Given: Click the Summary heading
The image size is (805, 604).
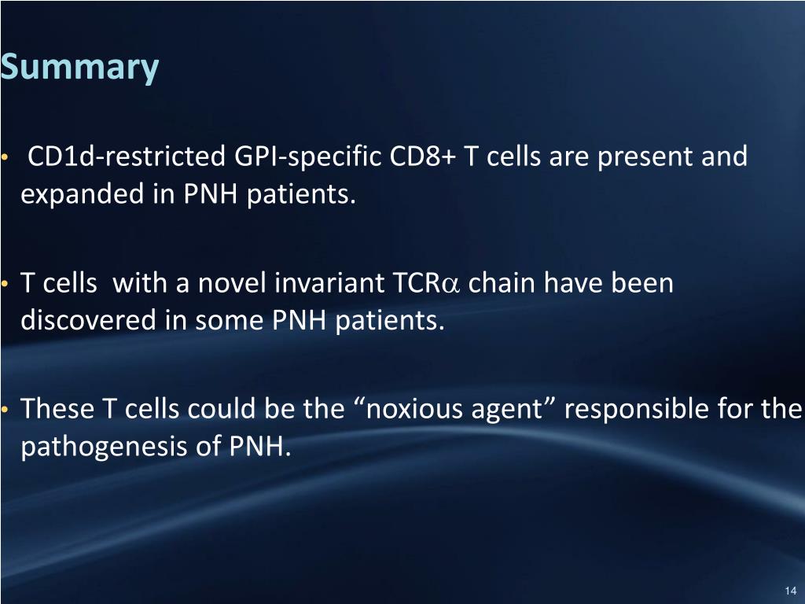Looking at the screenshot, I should pos(79,68).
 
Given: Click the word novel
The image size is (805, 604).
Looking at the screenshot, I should pos(231,283).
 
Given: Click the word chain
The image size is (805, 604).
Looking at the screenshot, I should pos(499,283).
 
